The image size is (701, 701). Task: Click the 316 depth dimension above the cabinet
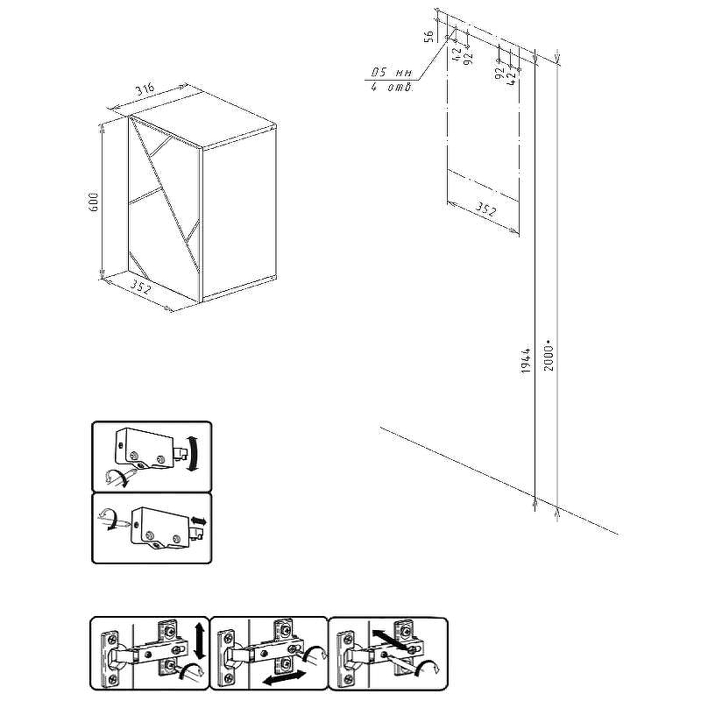tap(145, 89)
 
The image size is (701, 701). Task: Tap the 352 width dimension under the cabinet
tap(140, 286)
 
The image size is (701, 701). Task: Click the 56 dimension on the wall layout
tap(428, 36)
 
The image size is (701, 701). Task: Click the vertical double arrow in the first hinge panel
tap(200, 641)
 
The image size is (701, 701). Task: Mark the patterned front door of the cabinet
tap(164, 210)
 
